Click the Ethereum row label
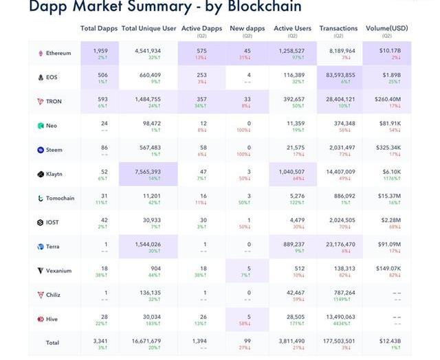58,54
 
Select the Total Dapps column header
98,28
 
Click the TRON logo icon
41,102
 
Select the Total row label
52,342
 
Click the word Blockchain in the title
260,7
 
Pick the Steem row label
54,150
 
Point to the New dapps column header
246,28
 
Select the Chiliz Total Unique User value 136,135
148,292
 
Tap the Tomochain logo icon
41,198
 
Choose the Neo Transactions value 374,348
340,123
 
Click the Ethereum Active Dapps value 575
202,50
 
